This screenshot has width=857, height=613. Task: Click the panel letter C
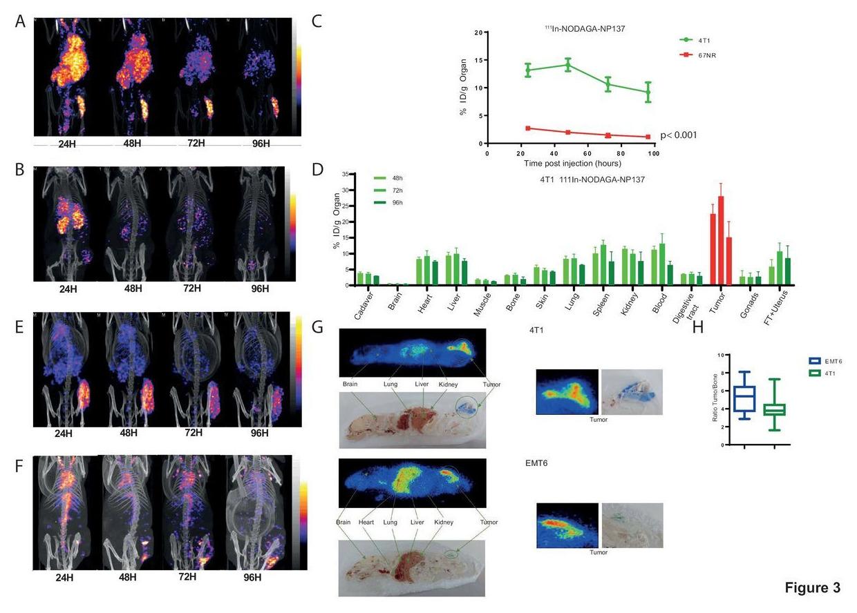pos(317,21)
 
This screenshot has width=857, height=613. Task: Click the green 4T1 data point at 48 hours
pos(568,65)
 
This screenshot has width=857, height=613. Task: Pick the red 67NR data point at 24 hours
pos(528,128)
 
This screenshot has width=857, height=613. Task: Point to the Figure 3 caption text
pos(812,588)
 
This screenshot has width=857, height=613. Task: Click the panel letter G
pos(318,326)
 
